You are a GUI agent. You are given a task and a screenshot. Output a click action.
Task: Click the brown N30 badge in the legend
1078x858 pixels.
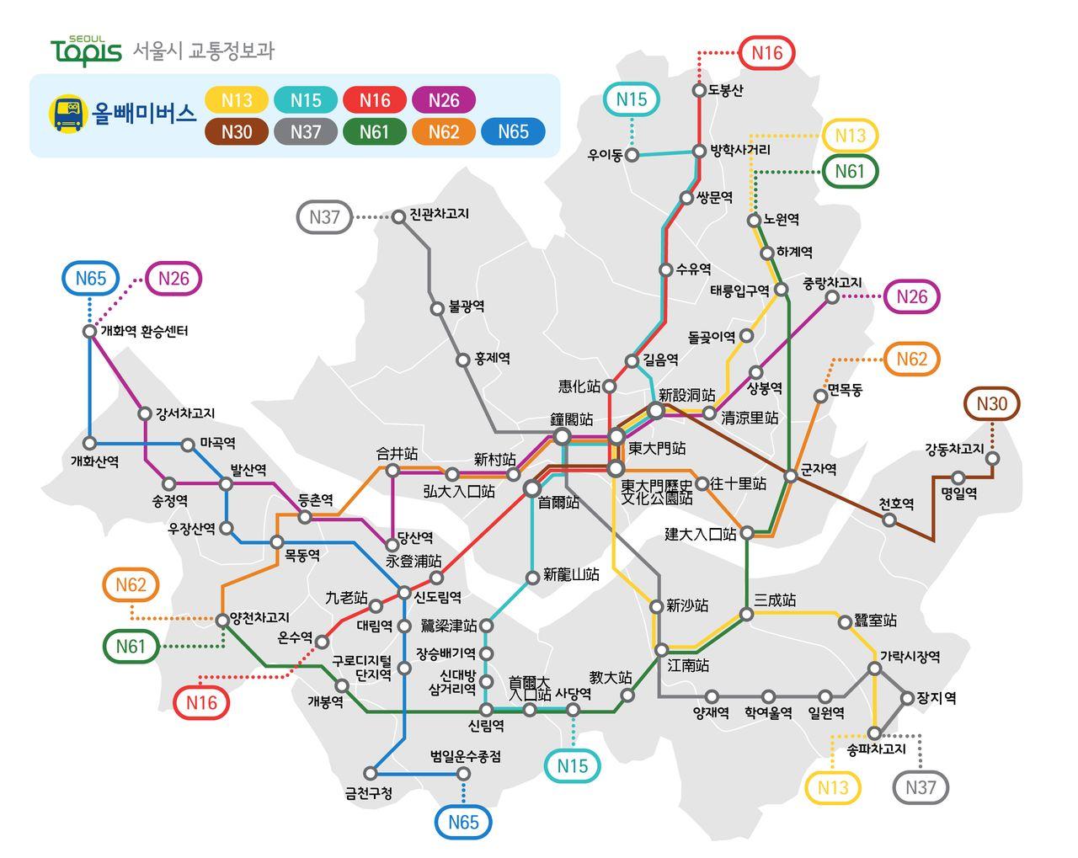tap(237, 131)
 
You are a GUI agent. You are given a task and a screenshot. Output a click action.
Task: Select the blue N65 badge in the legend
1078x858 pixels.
tap(513, 131)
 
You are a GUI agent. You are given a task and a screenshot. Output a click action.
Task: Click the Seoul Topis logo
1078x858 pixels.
tap(86, 51)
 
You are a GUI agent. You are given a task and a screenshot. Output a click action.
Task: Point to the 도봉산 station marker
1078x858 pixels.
tap(699, 90)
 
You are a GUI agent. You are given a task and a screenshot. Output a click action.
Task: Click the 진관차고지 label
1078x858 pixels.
tap(439, 214)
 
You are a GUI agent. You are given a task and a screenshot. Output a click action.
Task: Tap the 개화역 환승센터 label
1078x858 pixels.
tap(144, 331)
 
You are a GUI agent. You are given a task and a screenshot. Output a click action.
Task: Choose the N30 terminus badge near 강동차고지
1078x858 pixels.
tap(991, 403)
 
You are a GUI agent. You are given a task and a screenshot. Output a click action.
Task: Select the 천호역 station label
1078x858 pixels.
tap(896, 504)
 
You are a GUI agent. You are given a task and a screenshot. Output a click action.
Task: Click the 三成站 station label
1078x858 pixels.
tap(775, 600)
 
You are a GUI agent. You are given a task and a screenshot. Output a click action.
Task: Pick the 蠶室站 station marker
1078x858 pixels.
tap(846, 622)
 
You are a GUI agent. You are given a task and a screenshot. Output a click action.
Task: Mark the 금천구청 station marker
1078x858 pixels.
tap(371, 773)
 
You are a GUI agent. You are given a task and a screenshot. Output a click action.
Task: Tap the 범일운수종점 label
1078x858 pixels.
tap(466, 756)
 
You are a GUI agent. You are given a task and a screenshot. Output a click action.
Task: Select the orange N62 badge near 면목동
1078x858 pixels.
tap(911, 360)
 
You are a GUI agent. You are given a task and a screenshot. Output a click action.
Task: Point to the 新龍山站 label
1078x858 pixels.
tap(571, 574)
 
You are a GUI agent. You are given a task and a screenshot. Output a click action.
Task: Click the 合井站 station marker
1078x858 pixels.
tap(392, 471)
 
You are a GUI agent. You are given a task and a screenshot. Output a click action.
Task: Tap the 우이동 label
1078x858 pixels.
tap(605, 155)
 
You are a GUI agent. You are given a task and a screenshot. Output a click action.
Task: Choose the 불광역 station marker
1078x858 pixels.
tap(437, 309)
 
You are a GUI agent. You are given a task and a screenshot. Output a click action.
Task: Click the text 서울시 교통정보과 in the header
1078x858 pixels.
tap(204, 51)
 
